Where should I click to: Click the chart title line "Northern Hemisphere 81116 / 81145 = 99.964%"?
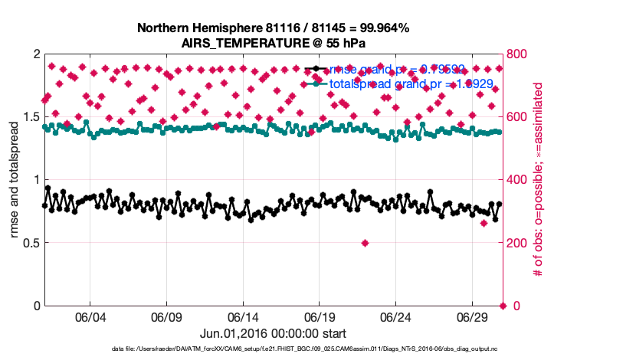tap(273, 28)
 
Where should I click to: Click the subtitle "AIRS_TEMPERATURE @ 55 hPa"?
tap(273, 42)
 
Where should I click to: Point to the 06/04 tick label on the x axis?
tap(90, 317)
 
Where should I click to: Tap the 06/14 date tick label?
tap(243, 317)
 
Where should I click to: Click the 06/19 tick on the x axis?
tap(320, 317)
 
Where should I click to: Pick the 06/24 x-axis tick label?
tap(396, 317)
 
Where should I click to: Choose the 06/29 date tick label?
tap(473, 317)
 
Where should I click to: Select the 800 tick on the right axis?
tap(519, 54)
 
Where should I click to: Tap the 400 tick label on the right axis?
tap(519, 180)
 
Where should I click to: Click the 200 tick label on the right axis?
tap(519, 243)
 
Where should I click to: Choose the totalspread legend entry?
tap(398, 83)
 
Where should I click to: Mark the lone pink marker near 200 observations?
tap(365, 243)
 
